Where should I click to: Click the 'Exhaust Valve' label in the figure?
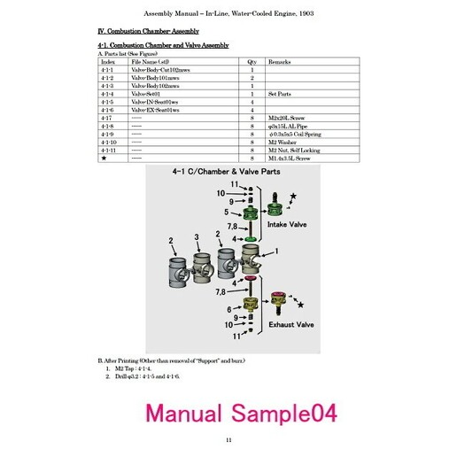[x=292, y=325]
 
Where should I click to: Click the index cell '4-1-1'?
[x=108, y=71]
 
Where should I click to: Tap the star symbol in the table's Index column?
[x=105, y=157]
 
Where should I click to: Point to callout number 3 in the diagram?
[x=196, y=236]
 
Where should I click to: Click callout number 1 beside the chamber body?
[x=276, y=252]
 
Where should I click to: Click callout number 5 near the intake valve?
[x=227, y=213]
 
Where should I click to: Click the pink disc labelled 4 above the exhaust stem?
[x=251, y=282]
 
